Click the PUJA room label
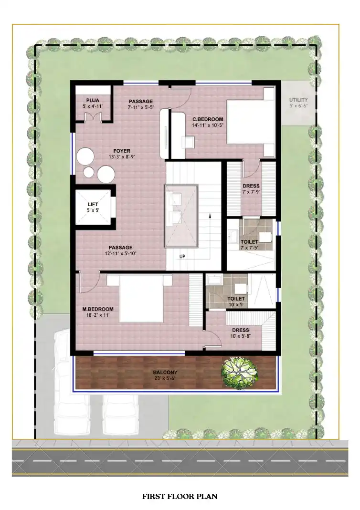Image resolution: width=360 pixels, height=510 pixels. pyautogui.click(x=93, y=101)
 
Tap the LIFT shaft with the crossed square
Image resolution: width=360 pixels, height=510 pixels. pyautogui.click(x=93, y=207)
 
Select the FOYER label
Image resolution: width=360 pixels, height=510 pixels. pyautogui.click(x=122, y=151)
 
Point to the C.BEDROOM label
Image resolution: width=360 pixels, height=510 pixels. pyautogui.click(x=208, y=119)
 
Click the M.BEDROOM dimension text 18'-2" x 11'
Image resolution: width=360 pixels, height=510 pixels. pyautogui.click(x=98, y=315)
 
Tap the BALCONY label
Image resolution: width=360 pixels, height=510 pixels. pyautogui.click(x=165, y=373)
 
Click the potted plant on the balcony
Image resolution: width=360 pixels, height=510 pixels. pyautogui.click(x=239, y=372)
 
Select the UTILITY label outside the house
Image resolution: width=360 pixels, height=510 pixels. pyautogui.click(x=298, y=100)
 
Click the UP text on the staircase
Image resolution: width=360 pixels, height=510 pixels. pyautogui.click(x=182, y=257)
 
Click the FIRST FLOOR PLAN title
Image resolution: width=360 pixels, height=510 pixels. pyautogui.click(x=180, y=496)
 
